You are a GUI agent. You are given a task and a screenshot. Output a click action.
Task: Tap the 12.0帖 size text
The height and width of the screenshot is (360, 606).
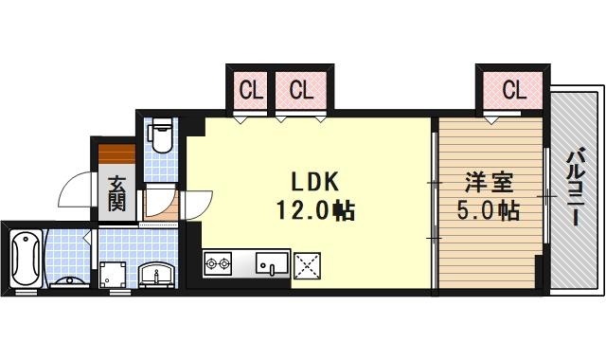click(315, 210)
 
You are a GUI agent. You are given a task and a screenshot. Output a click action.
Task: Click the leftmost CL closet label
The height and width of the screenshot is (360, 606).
click(250, 91)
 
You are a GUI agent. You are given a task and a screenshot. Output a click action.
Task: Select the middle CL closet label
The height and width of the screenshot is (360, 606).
click(300, 91)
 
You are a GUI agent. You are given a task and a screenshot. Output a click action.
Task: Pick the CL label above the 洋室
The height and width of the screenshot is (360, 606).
click(513, 91)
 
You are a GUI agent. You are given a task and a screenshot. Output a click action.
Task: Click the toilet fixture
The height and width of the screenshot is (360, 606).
click(162, 137)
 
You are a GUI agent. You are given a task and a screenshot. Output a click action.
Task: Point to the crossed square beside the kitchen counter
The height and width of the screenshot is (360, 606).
click(309, 264)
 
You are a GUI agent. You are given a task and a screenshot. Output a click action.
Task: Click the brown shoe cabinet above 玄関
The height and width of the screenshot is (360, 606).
click(116, 153)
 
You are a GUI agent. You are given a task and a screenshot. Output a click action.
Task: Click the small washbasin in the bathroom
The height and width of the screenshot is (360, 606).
click(69, 282)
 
